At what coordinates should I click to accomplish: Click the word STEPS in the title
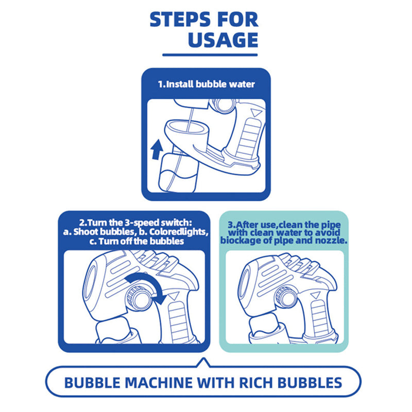180,20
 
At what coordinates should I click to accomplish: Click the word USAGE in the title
223,40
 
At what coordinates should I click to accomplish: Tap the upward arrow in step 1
157,149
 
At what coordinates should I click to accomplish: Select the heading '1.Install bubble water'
207,84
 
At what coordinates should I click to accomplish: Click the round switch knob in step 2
139,299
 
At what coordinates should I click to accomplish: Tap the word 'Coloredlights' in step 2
178,232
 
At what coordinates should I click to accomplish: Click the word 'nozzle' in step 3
332,241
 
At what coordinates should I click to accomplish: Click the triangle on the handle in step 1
255,113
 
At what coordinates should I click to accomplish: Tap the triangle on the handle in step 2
174,297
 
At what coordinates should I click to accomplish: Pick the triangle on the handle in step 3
315,295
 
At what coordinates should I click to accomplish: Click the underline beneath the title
210,55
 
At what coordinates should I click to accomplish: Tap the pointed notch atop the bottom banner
203,363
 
